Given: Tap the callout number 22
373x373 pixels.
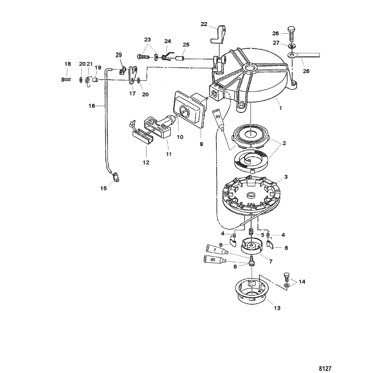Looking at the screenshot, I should point(203,24).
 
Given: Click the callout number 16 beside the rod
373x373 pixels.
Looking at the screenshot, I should point(92,106).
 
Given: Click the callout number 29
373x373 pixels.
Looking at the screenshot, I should point(118,55).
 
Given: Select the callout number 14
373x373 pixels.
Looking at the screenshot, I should point(301,281).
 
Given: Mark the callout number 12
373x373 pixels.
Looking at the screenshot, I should point(146,162).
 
